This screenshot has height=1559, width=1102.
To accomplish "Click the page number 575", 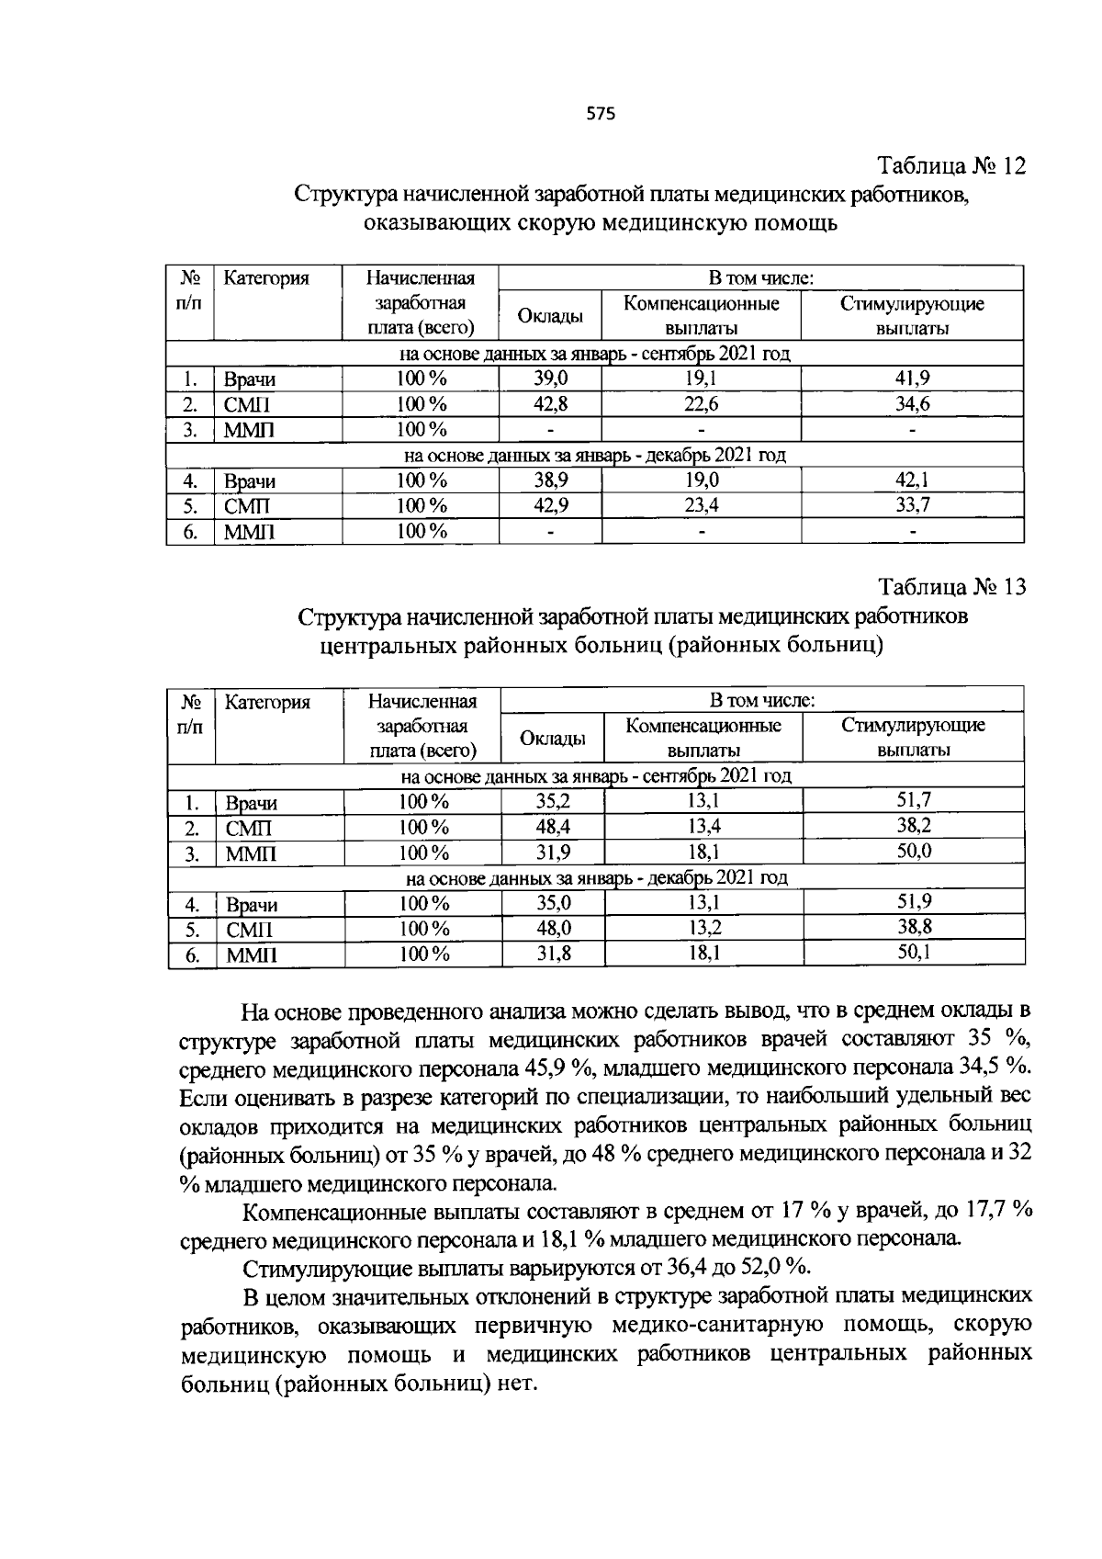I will pyautogui.click(x=600, y=114).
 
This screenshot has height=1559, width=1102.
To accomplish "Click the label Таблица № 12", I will pyautogui.click(x=950, y=166).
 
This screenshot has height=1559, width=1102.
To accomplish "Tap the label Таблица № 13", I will pyautogui.click(x=950, y=587).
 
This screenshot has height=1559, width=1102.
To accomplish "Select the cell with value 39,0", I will pyautogui.click(x=551, y=378).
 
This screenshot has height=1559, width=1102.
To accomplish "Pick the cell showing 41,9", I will pyautogui.click(x=912, y=378).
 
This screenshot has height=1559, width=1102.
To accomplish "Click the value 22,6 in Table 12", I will pyautogui.click(x=701, y=404).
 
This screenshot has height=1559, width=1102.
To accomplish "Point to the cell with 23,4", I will pyautogui.click(x=701, y=505).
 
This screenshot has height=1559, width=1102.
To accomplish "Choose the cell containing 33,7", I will pyautogui.click(x=912, y=505).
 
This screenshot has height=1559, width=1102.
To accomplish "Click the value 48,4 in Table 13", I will pyautogui.click(x=553, y=826).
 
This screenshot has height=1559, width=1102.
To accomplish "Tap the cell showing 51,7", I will pyautogui.click(x=914, y=800).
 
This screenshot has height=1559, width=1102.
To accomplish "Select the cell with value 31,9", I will pyautogui.click(x=553, y=852).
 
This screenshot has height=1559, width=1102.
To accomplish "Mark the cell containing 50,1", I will pyautogui.click(x=914, y=953).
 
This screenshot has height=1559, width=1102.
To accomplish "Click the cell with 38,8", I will pyautogui.click(x=914, y=928).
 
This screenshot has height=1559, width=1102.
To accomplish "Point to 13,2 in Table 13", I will pyautogui.click(x=703, y=928).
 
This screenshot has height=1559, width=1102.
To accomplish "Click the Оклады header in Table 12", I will pyautogui.click(x=549, y=316).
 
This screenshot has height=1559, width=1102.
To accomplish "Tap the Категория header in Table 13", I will pyautogui.click(x=267, y=703).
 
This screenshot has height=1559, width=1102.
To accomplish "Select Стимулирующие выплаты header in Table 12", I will pyautogui.click(x=912, y=315).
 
